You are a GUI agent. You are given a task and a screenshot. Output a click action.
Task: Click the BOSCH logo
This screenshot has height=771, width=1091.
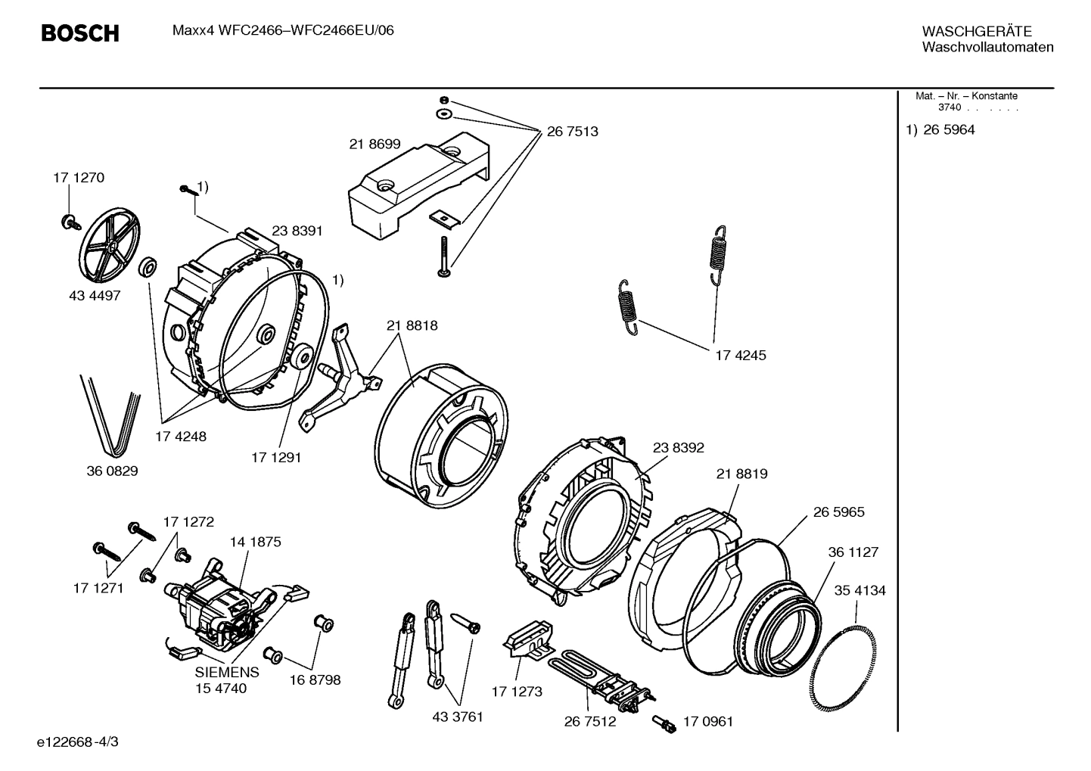pos(79,33)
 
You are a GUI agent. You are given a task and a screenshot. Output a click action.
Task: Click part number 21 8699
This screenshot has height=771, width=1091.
pos(375,144)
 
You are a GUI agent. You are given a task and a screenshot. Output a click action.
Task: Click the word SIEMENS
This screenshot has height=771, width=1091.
pos(227,672)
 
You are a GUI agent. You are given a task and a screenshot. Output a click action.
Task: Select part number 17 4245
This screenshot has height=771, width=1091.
pos(741,355)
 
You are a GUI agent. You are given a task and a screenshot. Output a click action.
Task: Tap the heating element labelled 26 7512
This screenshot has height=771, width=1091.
pos(605,677)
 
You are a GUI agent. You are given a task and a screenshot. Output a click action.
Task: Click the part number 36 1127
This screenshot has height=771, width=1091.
pos(853,552)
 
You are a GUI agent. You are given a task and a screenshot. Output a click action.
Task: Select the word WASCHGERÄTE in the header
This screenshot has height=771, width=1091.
pos(977,31)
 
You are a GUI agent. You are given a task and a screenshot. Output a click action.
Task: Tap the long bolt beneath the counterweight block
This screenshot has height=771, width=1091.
pos(442,256)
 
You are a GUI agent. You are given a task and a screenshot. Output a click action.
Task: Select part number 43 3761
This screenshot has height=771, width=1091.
pos(457,717)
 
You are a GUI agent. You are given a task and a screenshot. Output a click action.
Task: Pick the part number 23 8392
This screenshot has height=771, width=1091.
pos(678,448)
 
